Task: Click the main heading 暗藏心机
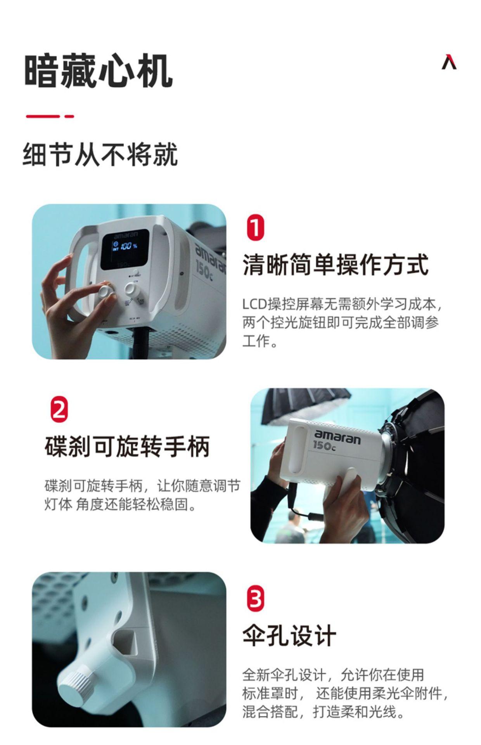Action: coord(98,71)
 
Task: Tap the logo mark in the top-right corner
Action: coord(449,62)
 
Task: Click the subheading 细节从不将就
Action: coord(100,154)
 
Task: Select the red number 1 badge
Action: coord(255,228)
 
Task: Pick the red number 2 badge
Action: coord(59,409)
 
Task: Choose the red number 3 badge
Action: coord(255,599)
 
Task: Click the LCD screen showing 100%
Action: coord(125,249)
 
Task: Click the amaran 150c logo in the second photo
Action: coord(336,441)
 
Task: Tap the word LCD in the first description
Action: coord(255,304)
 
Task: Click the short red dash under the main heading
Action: coord(69,116)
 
